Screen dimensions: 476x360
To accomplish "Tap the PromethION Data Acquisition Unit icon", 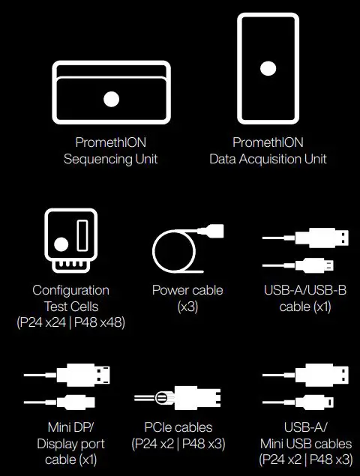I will click(268, 69).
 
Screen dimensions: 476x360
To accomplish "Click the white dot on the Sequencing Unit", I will click(111, 98).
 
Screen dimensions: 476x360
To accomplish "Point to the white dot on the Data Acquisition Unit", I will click(268, 68).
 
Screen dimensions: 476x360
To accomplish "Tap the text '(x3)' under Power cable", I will click(187, 306).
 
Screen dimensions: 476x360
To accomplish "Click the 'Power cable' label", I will click(187, 290).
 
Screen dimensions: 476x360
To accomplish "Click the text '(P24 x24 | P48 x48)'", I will click(70, 322).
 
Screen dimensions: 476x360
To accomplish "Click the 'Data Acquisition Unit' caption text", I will click(268, 159).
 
